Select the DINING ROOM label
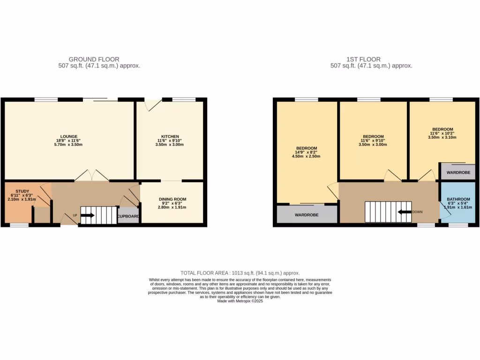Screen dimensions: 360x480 pos(169,199)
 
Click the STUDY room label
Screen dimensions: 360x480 pos(22,191)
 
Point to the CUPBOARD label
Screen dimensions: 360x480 pos(128,217)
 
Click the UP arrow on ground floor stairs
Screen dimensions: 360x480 pos(88,216)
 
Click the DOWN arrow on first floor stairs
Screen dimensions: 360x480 pos(403,212)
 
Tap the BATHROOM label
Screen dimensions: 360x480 pos(458,199)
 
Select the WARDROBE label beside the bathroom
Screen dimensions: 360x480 pos(458,172)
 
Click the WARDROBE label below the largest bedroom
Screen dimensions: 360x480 pos(307,215)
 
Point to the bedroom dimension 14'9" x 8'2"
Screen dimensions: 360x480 pos(307,152)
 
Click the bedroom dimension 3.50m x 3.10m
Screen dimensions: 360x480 pos(442,138)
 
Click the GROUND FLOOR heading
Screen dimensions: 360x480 pos(94,59)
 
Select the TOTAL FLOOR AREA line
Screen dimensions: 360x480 pos(240,273)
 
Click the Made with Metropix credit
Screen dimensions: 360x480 pos(240,301)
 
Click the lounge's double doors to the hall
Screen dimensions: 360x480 pos(92,176)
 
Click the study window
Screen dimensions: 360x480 pos(19,225)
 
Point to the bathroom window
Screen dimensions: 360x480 pos(458,225)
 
